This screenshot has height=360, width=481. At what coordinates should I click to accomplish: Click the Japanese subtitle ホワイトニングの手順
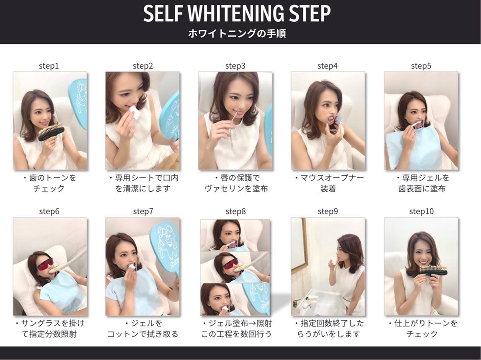[237, 34]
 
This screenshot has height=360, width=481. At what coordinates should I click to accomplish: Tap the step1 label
[49, 66]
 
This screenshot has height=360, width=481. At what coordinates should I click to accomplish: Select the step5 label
[421, 66]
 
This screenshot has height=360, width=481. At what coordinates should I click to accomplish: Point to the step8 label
[235, 211]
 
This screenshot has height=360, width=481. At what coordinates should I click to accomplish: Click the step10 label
[421, 211]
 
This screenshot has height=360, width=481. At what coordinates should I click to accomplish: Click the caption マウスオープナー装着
[328, 183]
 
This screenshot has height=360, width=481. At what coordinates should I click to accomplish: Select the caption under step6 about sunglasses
[49, 329]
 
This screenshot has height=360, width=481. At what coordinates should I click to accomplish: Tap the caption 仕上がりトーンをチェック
[421, 329]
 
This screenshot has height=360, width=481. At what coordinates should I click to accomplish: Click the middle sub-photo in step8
[235, 267]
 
